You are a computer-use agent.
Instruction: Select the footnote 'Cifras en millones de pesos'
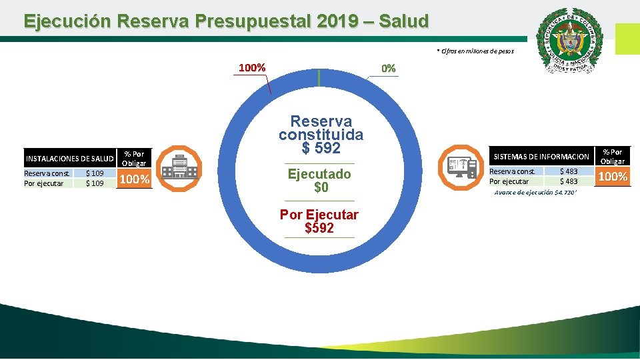(475, 51)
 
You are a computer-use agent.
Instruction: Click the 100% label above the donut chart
(253, 68)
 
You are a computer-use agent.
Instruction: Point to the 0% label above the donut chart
(388, 69)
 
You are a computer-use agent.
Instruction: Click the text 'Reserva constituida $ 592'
(321, 135)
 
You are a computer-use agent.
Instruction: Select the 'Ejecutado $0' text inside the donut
(319, 181)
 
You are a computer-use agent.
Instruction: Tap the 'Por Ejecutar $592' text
(319, 221)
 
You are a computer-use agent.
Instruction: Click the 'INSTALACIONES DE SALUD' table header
(69, 159)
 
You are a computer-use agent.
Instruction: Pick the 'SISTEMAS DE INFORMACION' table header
(541, 157)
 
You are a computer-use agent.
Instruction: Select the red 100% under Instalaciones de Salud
(134, 179)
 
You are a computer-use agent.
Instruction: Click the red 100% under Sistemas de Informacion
(612, 177)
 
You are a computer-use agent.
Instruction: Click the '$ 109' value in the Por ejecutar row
(95, 183)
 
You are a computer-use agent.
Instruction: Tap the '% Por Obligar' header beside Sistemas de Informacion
(612, 157)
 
